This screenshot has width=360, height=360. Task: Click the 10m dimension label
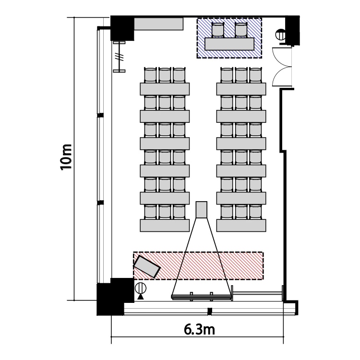point(66,157)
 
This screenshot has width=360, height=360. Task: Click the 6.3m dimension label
point(199,330)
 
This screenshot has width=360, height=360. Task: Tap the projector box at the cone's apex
point(201,210)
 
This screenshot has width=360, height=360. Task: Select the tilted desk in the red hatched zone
point(147,267)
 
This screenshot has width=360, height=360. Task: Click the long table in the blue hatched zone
point(229,44)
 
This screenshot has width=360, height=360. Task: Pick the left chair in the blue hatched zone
point(217,30)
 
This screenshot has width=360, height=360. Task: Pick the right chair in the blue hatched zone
point(241,30)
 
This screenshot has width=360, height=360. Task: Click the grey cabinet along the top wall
point(158,24)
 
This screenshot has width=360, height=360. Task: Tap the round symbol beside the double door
point(280,35)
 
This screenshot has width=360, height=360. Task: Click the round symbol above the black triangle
point(141,288)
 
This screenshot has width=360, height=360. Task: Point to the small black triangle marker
point(141,297)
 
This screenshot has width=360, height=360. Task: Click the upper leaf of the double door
point(282,57)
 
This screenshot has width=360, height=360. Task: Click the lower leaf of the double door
point(282,77)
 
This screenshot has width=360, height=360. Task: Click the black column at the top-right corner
point(292,30)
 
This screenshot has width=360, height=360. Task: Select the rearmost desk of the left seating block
point(165,89)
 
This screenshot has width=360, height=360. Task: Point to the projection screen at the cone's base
point(201,297)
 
